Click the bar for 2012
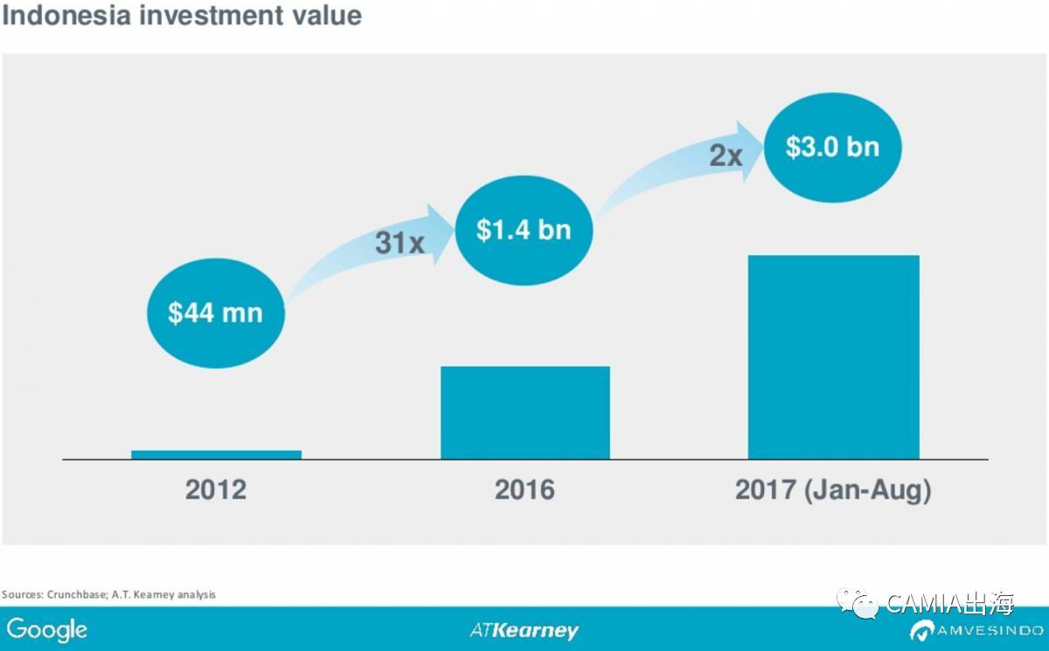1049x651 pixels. point(216,454)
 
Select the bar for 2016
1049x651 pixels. point(525,412)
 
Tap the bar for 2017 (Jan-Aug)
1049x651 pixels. point(833,357)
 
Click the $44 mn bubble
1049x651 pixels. point(215,312)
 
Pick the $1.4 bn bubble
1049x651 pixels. point(524,230)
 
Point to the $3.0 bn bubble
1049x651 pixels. point(832,146)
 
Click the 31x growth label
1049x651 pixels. point(399,243)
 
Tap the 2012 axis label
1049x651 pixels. point(216,489)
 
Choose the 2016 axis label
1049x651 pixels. point(524,489)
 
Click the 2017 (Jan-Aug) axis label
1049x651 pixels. point(833,489)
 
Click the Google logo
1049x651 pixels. point(47,629)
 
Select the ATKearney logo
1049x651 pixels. point(524,630)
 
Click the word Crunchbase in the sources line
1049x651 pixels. point(73,594)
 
